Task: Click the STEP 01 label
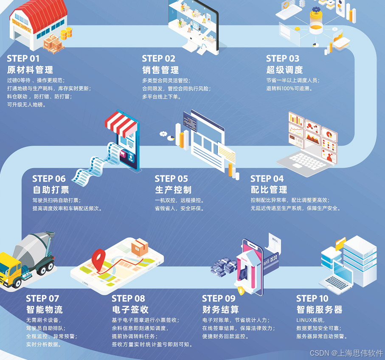pos(23,59)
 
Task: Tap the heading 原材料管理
pos(30,70)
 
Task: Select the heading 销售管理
pos(160,70)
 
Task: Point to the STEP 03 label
pos(282,59)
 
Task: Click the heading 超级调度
pos(284,70)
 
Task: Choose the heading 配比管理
pos(269,189)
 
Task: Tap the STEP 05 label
pos(171,179)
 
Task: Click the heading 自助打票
pos(51,189)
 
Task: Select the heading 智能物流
pos(44,309)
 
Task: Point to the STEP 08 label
pos(128,298)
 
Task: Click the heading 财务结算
pos(220,309)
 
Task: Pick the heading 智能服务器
pos(319,309)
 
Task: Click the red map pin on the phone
pos(99,258)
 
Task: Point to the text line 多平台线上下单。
pos(162,97)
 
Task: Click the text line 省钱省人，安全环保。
pos(180,208)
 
